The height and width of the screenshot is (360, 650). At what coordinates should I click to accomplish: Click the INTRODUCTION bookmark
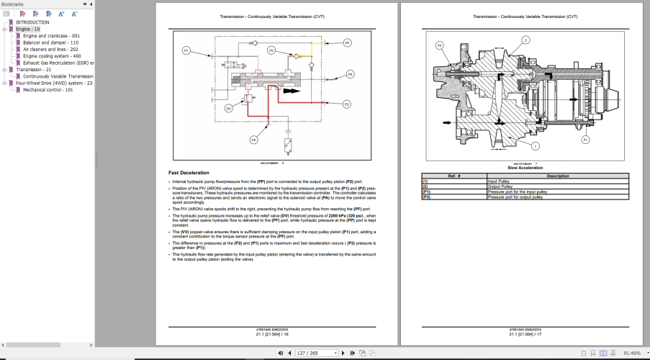pos(32,22)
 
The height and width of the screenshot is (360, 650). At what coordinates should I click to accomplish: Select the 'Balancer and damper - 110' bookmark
pos(50,42)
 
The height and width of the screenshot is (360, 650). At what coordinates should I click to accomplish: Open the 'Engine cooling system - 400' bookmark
pos(51,55)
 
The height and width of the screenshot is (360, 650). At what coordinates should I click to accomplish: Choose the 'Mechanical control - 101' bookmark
pos(48,90)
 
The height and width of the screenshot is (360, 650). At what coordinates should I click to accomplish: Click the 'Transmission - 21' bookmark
pos(34,69)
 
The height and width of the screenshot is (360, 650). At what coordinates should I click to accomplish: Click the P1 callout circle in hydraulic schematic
pos(186,50)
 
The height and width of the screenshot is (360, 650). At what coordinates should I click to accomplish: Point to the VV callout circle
pos(271,50)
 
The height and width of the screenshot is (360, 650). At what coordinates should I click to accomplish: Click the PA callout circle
pos(350,74)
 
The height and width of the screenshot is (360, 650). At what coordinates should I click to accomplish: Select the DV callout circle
pos(228,108)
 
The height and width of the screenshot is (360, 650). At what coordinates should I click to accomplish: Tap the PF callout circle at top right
pos(348,44)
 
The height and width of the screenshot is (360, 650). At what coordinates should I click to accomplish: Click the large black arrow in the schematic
pos(292,91)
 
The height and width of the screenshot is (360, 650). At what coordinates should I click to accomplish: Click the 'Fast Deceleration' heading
pos(189,173)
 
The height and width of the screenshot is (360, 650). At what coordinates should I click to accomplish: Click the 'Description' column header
pos(557,176)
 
